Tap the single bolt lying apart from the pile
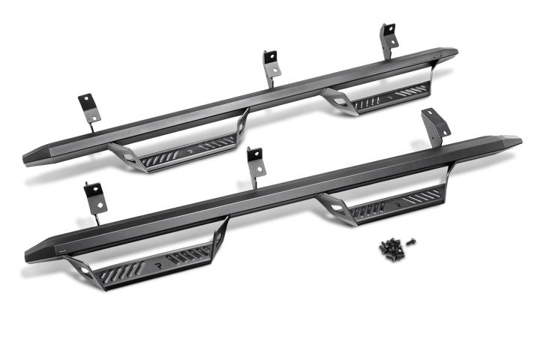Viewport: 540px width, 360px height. [412, 241]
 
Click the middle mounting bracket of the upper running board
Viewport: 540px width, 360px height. [270, 63]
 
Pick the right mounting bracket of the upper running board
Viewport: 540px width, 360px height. [388, 39]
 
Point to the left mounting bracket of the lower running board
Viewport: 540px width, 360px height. [96, 198]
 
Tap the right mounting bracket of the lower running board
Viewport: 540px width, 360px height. [433, 124]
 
